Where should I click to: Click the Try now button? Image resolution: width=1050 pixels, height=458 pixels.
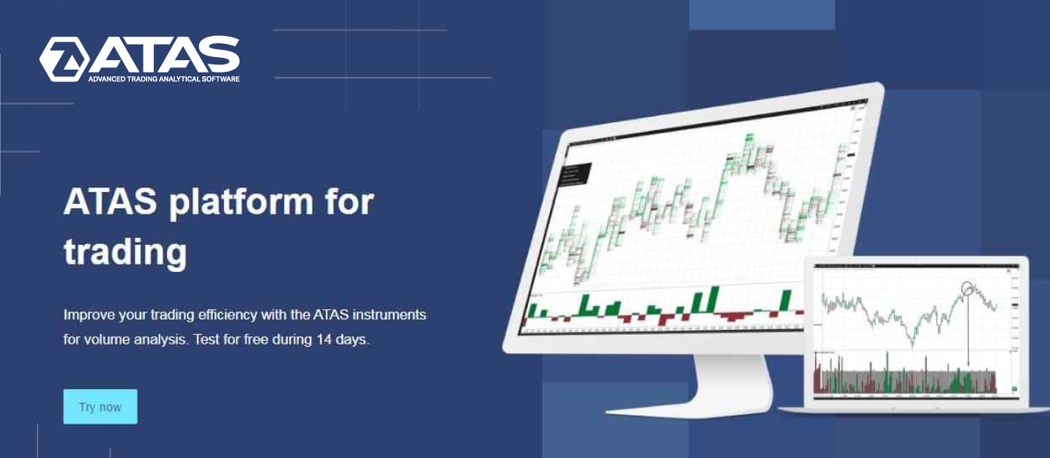[100, 407]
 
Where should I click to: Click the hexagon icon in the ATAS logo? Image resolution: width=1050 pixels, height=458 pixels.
[64, 59]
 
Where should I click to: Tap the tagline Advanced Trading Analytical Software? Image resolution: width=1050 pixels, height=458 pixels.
[163, 78]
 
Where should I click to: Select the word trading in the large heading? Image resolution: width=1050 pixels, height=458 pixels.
[125, 253]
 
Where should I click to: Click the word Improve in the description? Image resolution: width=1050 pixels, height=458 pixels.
[88, 315]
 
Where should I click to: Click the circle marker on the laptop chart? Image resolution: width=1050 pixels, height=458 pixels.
[969, 287]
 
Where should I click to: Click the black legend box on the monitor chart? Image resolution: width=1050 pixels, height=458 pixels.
[576, 174]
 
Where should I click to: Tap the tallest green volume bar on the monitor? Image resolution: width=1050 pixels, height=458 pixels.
[713, 300]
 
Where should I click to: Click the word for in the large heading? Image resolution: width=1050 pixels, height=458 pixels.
[349, 202]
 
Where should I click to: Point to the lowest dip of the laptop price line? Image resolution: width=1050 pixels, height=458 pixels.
[912, 342]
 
